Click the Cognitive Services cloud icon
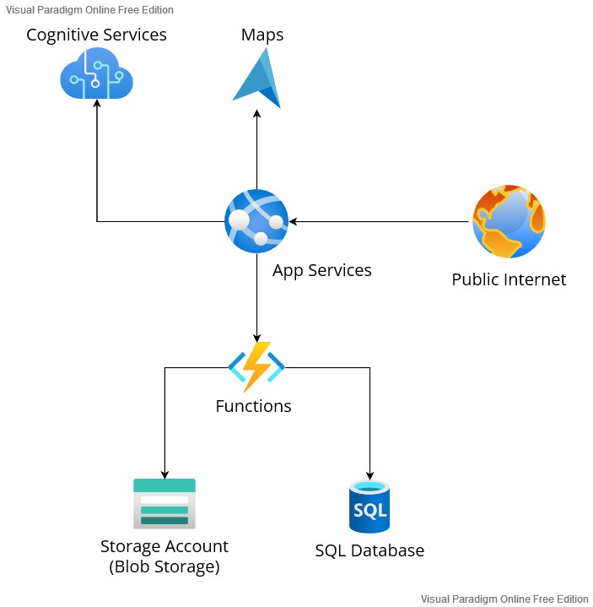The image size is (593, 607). [96, 73]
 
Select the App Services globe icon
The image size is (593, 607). [256, 221]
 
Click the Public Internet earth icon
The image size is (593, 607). [509, 221]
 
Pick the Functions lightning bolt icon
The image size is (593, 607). [256, 366]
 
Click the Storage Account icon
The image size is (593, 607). [164, 504]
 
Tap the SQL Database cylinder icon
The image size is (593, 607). [369, 507]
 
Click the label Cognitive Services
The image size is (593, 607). [96, 35]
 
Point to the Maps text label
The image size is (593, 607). [262, 35]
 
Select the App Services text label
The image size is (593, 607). [322, 271]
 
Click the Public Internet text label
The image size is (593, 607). [509, 279]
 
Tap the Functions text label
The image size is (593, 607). [253, 406]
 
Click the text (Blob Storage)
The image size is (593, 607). [164, 566]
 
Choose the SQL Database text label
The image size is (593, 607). [369, 550]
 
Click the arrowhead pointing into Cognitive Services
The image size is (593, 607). [97, 103]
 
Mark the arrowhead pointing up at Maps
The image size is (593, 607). [256, 113]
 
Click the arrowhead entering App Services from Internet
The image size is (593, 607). [294, 221]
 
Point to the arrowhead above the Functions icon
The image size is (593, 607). [256, 338]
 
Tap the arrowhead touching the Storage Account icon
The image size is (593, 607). [164, 474]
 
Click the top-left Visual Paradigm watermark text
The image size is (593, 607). [89, 9]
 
